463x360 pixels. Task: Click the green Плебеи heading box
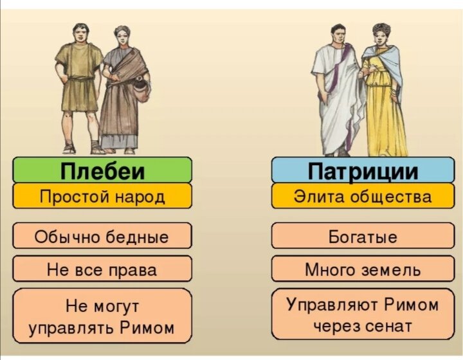pyautogui.click(x=102, y=171)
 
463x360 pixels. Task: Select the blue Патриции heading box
pyautogui.click(x=362, y=171)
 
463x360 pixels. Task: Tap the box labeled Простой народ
pyautogui.click(x=102, y=196)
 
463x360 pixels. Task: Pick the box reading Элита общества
pyautogui.click(x=362, y=196)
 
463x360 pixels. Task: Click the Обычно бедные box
pyautogui.click(x=102, y=237)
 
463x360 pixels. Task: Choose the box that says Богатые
pyautogui.click(x=362, y=237)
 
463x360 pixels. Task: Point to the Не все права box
pyautogui.click(x=102, y=269)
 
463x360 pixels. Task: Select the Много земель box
pyautogui.click(x=362, y=269)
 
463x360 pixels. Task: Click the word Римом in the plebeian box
pyautogui.click(x=149, y=327)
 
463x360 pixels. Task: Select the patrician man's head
pyautogui.click(x=340, y=33)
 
